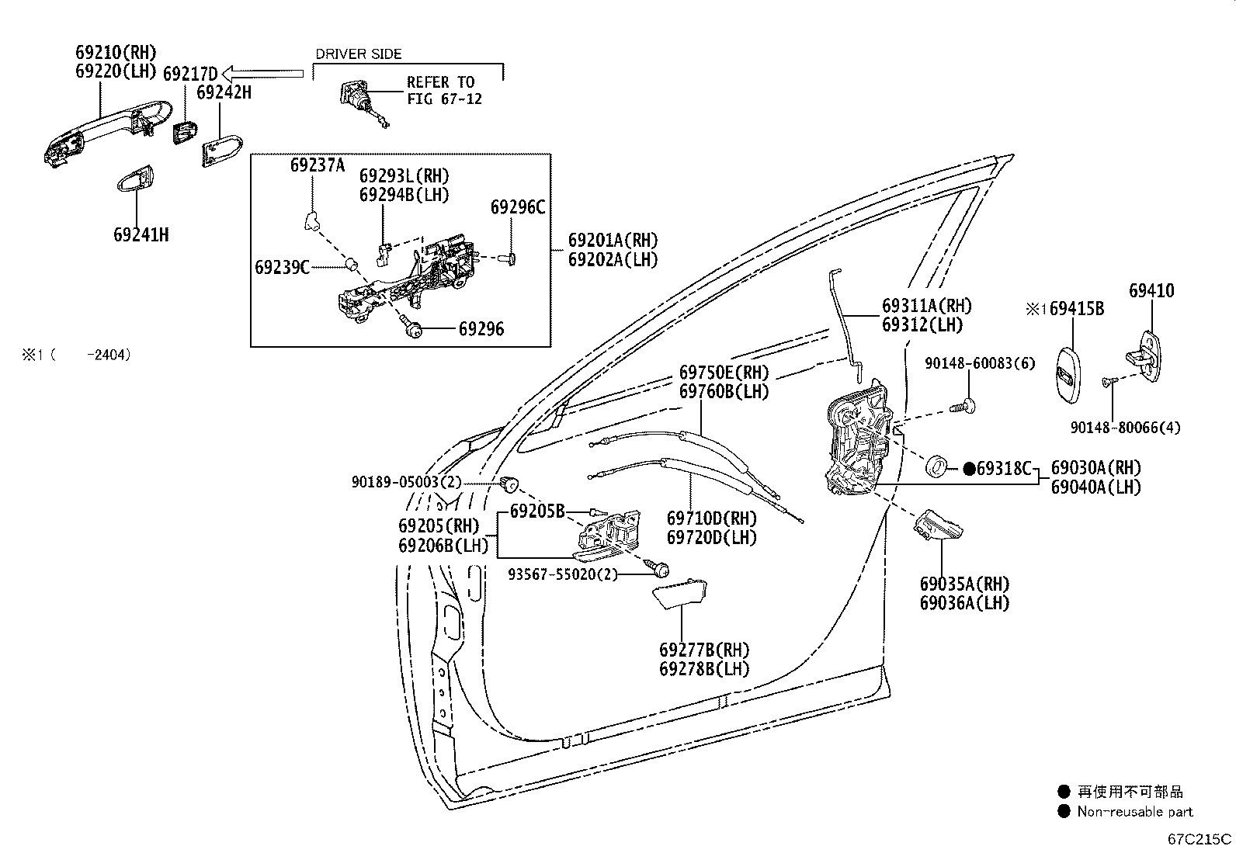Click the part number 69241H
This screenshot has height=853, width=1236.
tap(141, 234)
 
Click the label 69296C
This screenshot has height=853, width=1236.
tap(517, 207)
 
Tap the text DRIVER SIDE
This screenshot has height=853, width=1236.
tap(358, 54)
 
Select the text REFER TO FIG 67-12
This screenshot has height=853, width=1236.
tap(444, 90)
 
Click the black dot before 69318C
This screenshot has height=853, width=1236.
tap(968, 468)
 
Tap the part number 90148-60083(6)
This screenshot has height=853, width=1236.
tap(979, 362)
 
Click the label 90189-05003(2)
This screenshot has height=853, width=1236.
tap(405, 482)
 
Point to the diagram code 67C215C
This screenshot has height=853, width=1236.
tap(1200, 838)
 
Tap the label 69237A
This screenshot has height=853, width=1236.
tap(317, 165)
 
